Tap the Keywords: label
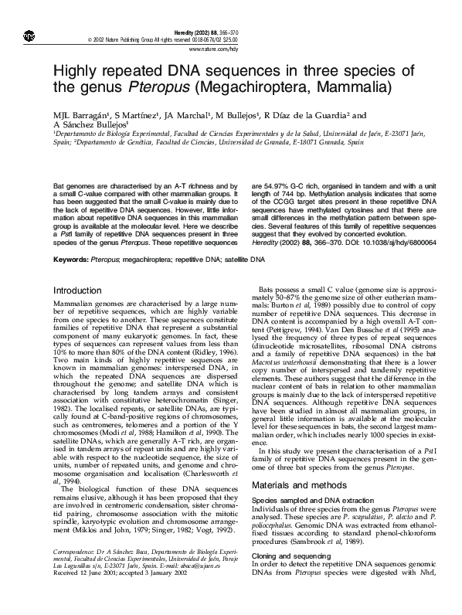(72, 260)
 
